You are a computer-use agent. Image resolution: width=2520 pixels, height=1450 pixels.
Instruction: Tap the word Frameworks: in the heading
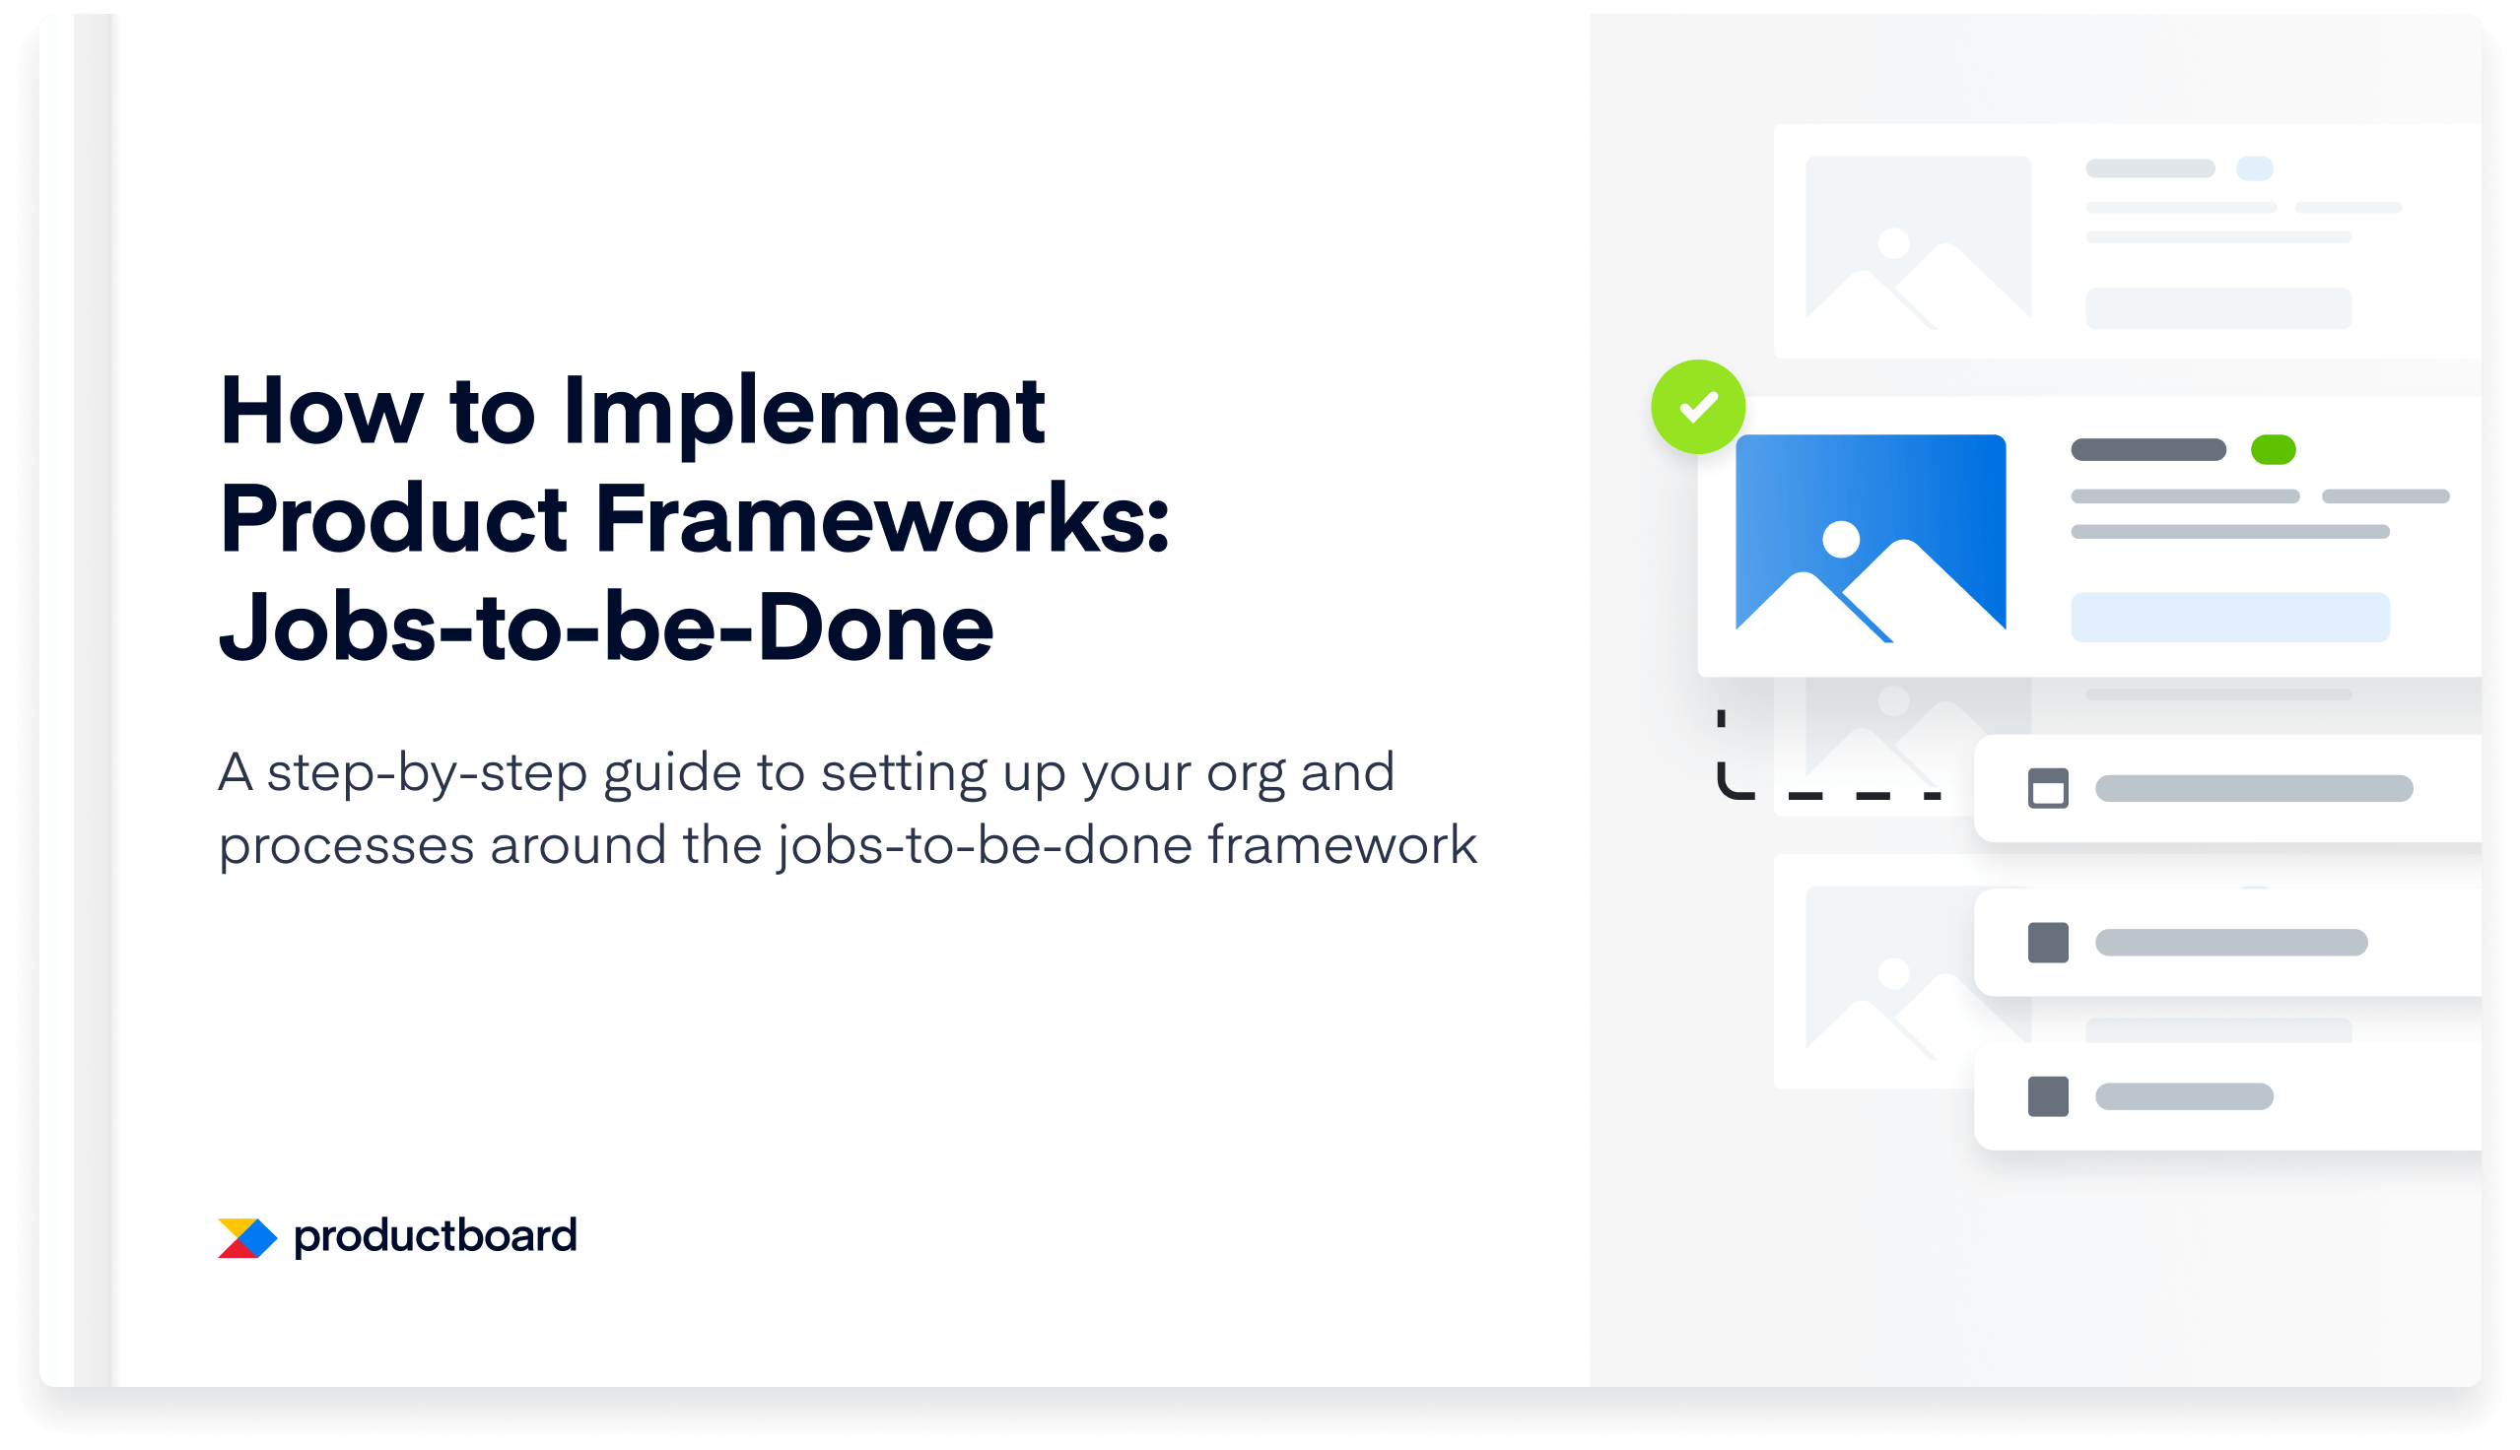(x=881, y=521)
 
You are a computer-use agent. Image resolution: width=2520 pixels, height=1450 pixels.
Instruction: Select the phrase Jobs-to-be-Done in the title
(x=605, y=628)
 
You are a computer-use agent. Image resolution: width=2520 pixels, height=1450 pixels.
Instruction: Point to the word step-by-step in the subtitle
(x=427, y=774)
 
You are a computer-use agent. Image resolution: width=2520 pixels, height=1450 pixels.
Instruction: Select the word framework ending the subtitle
(x=1340, y=846)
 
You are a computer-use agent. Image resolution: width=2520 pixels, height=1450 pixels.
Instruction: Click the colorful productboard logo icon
(x=246, y=1238)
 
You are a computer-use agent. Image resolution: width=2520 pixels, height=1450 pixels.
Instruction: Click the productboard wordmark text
(x=436, y=1236)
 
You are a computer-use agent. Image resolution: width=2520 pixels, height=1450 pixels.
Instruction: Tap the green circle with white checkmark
(x=1697, y=406)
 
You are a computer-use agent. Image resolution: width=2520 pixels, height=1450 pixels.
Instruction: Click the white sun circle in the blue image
(x=1840, y=540)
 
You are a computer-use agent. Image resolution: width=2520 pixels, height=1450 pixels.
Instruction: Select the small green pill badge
(x=2272, y=450)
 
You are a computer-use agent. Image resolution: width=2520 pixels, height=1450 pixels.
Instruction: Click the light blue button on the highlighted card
(x=2229, y=618)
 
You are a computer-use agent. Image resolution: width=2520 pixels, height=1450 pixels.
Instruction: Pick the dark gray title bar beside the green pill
(x=2147, y=450)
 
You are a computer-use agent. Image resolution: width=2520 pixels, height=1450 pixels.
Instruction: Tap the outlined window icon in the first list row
(x=2048, y=789)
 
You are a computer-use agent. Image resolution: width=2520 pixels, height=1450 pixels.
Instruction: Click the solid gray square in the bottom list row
(x=2048, y=1096)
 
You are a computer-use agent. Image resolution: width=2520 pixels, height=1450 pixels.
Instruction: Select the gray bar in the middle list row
(x=2230, y=942)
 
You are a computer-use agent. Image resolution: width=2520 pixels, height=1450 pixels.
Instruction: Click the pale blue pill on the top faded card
(x=2254, y=168)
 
